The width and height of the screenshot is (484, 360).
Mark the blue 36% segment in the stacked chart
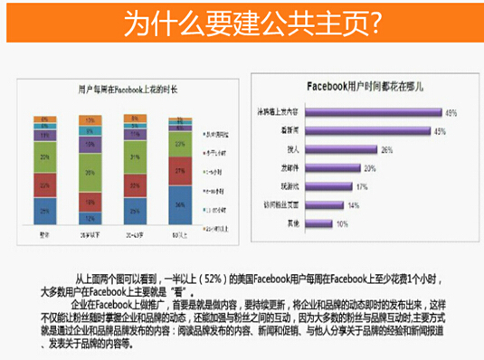pyautogui.click(x=180, y=205)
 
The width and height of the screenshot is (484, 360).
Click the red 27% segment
pyautogui.click(x=180, y=170)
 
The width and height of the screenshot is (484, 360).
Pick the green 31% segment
pyautogui.click(x=135, y=158)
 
